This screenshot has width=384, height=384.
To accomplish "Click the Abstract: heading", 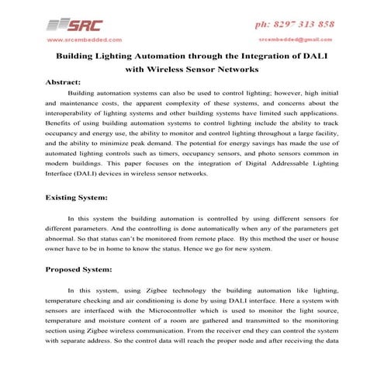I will point(65,81).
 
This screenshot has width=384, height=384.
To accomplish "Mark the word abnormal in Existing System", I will point(64,240).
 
